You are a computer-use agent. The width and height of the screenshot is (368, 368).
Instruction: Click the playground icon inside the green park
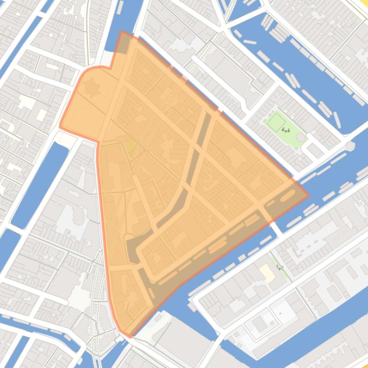point(286,130)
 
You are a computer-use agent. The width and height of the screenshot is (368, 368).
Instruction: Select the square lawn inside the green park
point(276,122)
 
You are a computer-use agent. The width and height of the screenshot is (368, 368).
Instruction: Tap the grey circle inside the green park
point(301,138)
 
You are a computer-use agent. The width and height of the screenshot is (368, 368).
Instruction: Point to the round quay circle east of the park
point(350,146)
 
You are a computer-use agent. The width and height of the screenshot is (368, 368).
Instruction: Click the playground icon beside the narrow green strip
point(280,268)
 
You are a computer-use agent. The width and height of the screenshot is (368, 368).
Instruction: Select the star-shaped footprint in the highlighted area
point(90,88)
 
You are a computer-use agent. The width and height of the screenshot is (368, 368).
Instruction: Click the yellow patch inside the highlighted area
point(130,146)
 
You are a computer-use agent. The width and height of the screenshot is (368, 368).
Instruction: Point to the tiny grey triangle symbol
point(280,313)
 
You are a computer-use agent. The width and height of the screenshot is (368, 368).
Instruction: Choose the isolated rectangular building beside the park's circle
point(315,150)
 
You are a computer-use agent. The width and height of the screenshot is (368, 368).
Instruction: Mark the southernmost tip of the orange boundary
point(129,336)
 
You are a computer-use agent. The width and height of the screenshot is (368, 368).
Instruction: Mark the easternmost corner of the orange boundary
point(308,195)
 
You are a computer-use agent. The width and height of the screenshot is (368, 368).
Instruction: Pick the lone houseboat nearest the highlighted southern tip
point(158,318)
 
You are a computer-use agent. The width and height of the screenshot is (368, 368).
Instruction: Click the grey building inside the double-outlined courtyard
point(259,324)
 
